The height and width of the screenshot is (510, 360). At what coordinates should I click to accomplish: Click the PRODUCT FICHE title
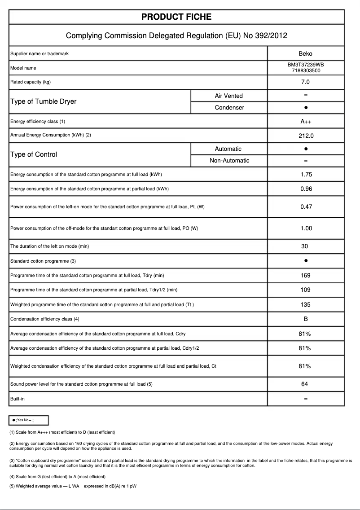click(176, 17)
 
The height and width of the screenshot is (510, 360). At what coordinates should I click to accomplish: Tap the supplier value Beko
click(305, 54)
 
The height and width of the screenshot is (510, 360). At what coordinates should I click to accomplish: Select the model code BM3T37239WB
click(305, 65)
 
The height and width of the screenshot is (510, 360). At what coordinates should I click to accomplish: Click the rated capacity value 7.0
click(305, 82)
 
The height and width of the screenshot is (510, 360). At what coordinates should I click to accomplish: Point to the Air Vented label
click(228, 96)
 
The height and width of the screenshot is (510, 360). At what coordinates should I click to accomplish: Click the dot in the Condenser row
click(305, 108)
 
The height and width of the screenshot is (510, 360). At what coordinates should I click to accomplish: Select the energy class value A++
click(305, 122)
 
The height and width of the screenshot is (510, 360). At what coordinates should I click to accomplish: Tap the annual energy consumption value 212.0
click(305, 136)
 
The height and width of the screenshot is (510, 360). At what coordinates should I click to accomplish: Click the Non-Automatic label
click(229, 161)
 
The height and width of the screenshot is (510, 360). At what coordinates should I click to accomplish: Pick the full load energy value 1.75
click(306, 175)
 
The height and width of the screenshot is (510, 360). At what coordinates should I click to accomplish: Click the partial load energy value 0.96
click(306, 189)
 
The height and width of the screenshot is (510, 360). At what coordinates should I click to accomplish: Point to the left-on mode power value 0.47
click(306, 207)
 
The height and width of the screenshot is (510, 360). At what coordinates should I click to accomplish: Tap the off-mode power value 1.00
click(306, 229)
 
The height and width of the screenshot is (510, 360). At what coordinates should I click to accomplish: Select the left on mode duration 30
click(305, 246)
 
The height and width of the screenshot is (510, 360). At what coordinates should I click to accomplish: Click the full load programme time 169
click(305, 276)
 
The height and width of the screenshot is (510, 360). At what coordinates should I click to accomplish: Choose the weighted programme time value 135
click(305, 305)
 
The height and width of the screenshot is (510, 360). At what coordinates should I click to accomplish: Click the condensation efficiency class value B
click(305, 319)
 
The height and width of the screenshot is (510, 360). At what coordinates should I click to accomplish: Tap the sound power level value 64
click(305, 384)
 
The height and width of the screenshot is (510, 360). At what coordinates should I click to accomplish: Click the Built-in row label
click(18, 399)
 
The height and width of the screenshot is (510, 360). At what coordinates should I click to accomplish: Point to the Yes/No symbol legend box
click(29, 420)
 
